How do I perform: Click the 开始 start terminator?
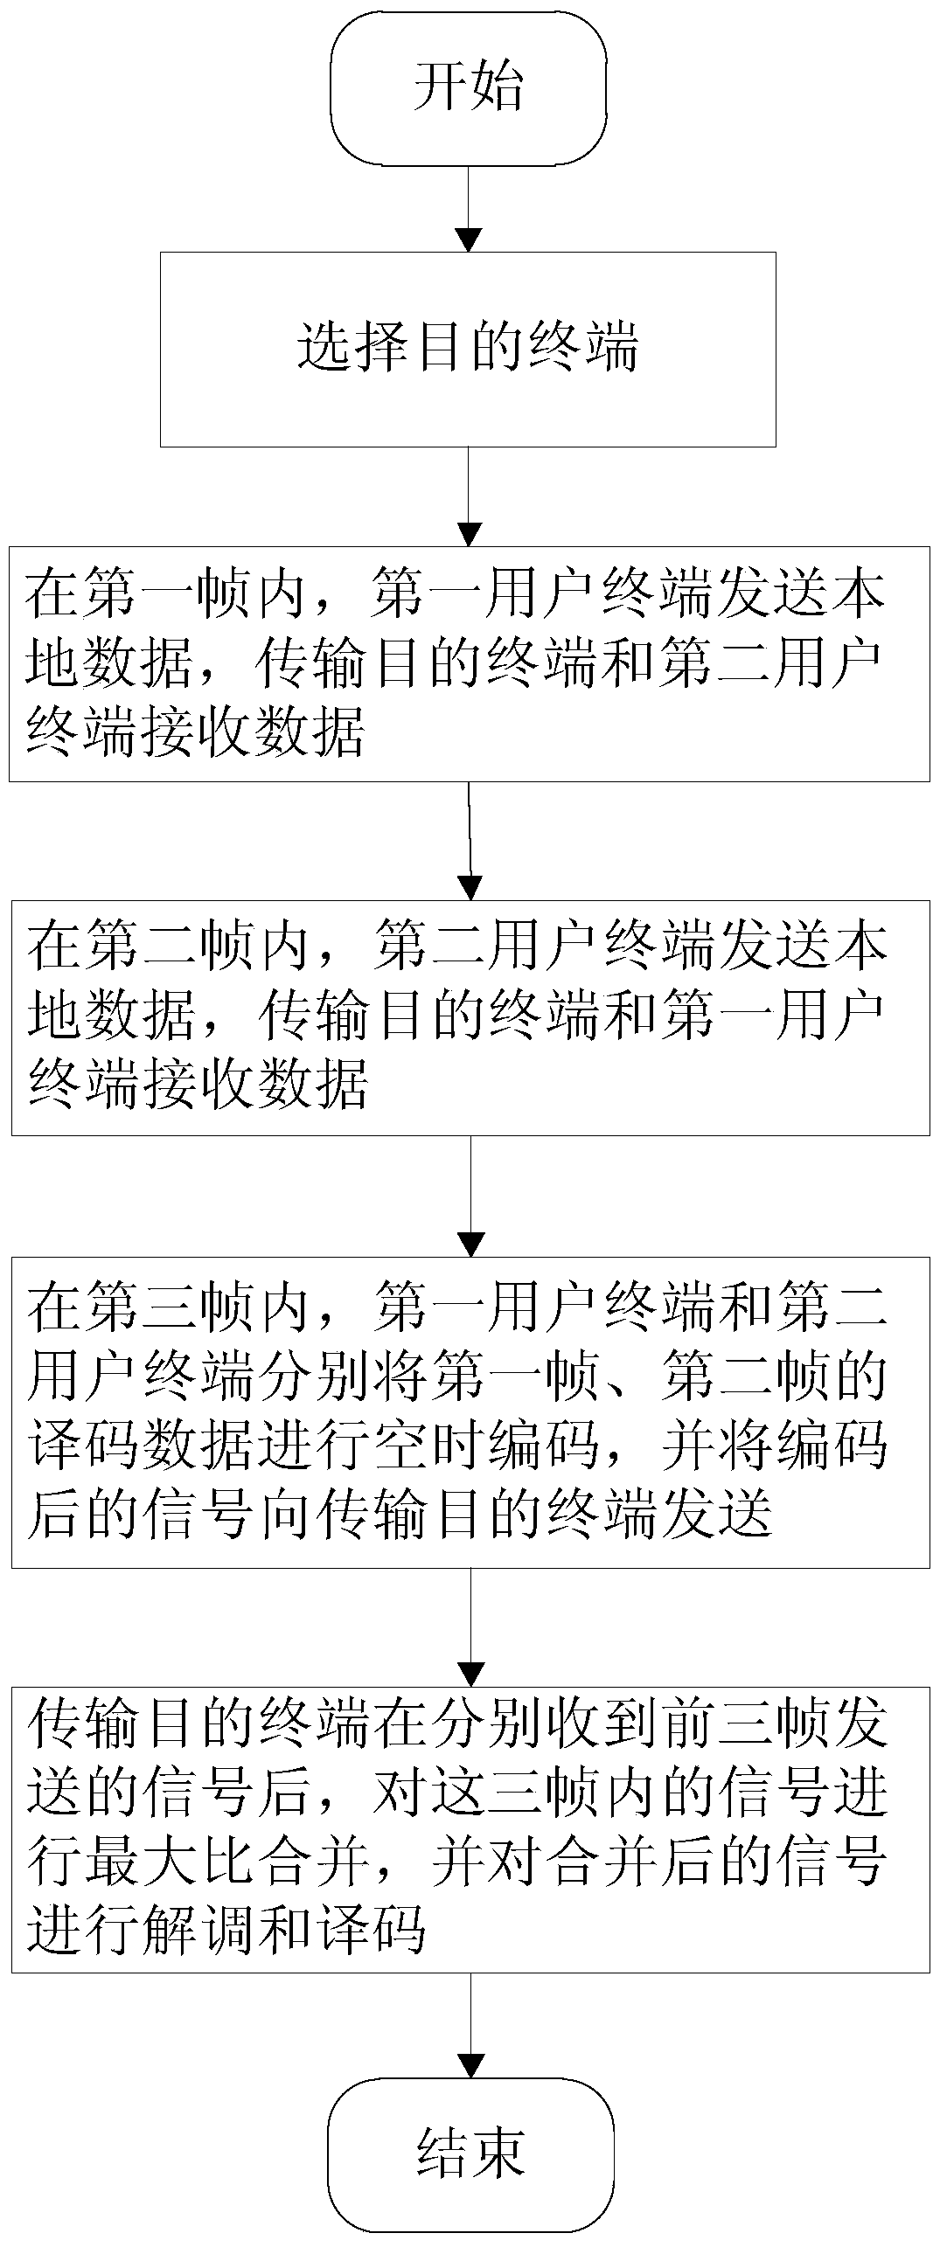pos(468,88)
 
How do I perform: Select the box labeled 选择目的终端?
pos(468,349)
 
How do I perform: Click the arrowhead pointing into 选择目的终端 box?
pos(470,240)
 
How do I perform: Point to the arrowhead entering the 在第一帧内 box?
pos(470,535)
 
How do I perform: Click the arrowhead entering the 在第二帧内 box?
pos(471,889)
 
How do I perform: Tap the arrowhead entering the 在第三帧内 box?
pos(471,1245)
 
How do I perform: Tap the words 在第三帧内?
pos(166,1307)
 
